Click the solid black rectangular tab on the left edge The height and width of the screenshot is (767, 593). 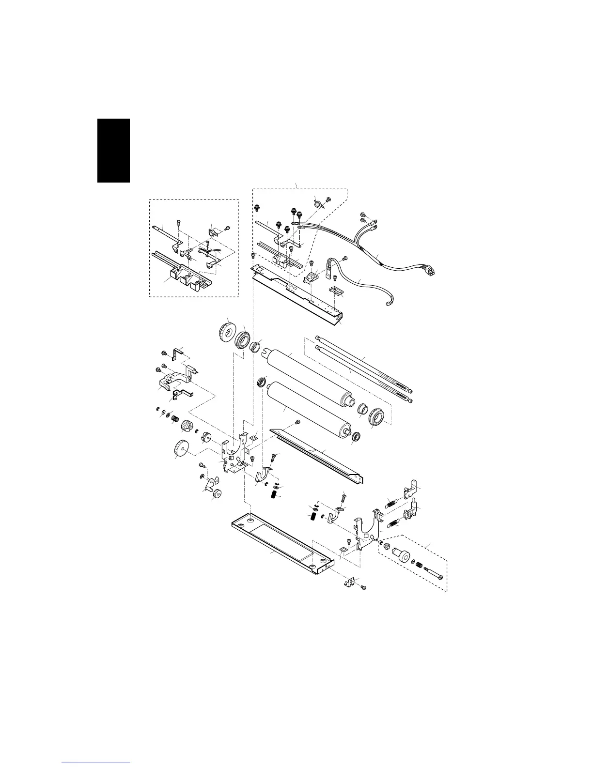tap(114, 150)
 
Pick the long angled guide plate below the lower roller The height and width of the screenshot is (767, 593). tap(317, 453)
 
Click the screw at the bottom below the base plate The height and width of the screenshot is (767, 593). tap(363, 587)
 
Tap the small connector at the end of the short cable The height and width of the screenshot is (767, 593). tap(386, 305)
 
